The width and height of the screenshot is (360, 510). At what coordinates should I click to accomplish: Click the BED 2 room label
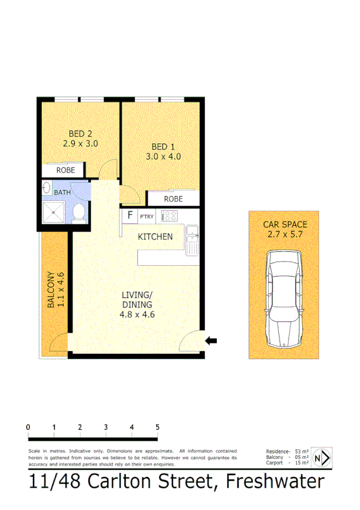click(80, 134)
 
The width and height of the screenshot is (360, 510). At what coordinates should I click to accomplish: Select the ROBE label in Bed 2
click(66, 170)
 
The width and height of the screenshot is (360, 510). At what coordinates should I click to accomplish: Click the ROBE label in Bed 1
click(173, 199)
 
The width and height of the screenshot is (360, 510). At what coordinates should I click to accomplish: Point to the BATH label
click(62, 192)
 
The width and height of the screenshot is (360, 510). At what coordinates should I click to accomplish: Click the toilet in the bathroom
click(79, 213)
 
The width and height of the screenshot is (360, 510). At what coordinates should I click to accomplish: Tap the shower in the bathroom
click(55, 212)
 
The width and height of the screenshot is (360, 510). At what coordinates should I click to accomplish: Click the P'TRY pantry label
click(147, 216)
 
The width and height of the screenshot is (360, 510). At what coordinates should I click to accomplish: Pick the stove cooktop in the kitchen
click(171, 215)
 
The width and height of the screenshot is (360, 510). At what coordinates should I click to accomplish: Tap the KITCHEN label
click(156, 236)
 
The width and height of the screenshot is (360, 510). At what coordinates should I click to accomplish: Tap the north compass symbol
click(321, 458)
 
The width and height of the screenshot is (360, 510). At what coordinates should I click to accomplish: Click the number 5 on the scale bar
click(157, 427)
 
